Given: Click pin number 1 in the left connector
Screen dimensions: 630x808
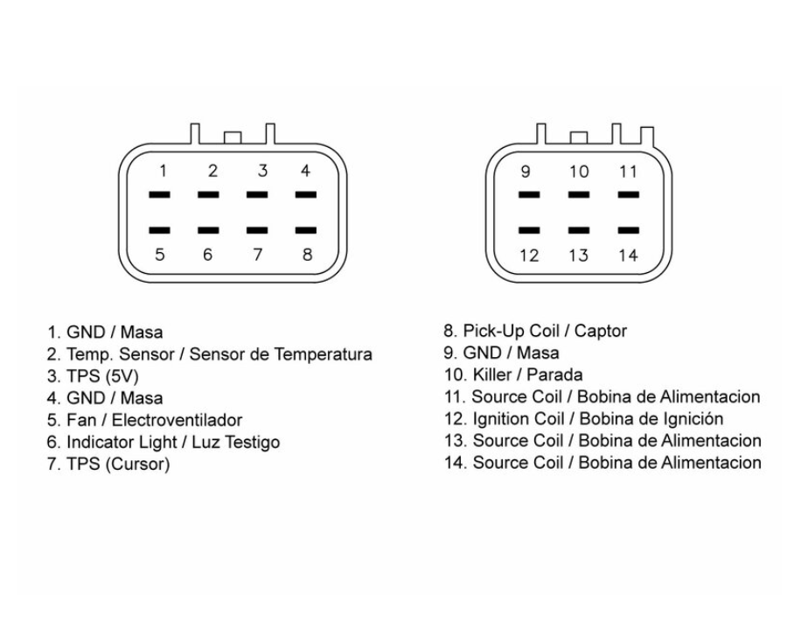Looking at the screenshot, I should (x=160, y=171).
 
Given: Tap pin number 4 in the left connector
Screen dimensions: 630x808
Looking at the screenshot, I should (x=305, y=171).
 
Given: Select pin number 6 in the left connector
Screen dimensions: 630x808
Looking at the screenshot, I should (x=208, y=255).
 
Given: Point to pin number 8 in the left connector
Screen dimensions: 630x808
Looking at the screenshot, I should (x=305, y=255).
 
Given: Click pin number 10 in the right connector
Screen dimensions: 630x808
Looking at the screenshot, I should (x=579, y=172).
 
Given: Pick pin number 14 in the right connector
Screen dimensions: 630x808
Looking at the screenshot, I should (x=628, y=256).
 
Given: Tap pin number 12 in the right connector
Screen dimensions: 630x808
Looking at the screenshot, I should (x=529, y=256).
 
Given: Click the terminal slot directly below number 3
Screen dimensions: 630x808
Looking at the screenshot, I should (x=257, y=195).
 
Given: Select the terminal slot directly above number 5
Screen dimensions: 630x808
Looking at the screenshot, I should (x=159, y=230).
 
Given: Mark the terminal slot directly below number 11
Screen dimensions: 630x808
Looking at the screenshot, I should (x=628, y=196).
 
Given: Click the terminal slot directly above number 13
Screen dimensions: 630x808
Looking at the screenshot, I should (x=579, y=230).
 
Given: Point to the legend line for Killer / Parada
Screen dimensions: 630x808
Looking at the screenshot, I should (x=513, y=374).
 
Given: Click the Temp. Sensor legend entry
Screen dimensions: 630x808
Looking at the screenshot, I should (x=210, y=354).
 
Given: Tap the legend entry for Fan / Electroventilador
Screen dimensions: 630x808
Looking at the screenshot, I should (x=144, y=420).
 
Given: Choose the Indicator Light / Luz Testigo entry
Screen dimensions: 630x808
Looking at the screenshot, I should (x=164, y=442).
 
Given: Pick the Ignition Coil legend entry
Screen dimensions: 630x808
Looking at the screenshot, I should (x=584, y=418).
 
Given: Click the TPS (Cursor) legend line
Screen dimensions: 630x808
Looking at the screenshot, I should (x=108, y=464).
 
